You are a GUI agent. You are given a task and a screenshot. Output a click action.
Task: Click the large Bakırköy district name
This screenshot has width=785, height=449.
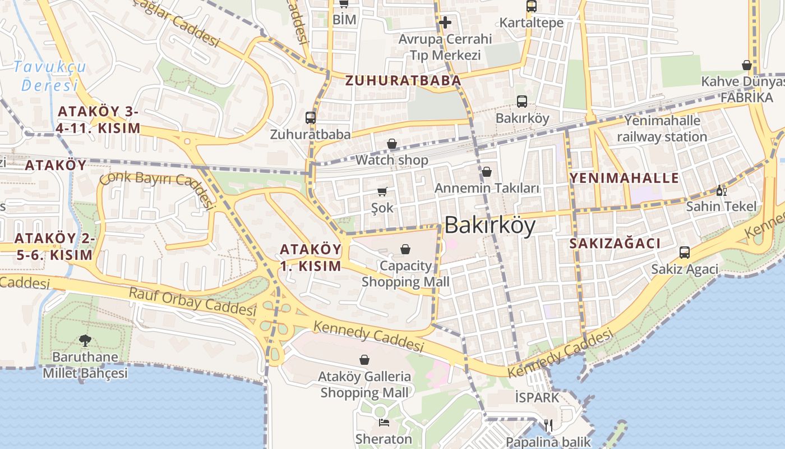pyautogui.click(x=490, y=226)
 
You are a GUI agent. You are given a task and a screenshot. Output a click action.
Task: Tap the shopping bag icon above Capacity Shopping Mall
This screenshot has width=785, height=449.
pyautogui.click(x=405, y=249)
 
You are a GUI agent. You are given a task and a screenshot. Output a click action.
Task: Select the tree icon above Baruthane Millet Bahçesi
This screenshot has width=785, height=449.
pyautogui.click(x=85, y=340)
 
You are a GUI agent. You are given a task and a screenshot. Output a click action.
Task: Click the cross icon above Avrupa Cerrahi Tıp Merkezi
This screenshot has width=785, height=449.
pyautogui.click(x=445, y=22)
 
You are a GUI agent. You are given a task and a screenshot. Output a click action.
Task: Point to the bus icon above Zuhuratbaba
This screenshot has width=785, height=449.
pyautogui.click(x=311, y=118)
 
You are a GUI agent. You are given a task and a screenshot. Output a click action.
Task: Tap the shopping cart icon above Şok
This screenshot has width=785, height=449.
pyautogui.click(x=382, y=192)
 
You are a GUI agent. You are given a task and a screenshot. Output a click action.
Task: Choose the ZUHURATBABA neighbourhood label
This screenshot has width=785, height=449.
pyautogui.click(x=403, y=81)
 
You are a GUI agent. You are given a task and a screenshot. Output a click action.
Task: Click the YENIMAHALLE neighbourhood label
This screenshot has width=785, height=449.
pyautogui.click(x=624, y=178)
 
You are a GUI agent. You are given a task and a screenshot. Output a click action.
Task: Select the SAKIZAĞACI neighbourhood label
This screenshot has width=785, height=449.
pyautogui.click(x=615, y=244)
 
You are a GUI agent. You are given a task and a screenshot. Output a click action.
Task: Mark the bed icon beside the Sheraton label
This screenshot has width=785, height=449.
pyautogui.click(x=384, y=422)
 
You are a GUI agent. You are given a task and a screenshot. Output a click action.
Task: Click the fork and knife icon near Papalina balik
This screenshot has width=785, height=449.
pyautogui.click(x=548, y=425)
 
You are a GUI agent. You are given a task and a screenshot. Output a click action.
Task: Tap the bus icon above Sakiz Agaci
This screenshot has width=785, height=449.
pyautogui.click(x=684, y=253)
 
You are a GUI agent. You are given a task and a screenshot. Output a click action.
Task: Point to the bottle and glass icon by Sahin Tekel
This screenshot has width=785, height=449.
pyautogui.click(x=721, y=190)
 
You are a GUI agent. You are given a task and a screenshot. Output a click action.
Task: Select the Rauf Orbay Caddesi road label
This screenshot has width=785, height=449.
pyautogui.click(x=192, y=301)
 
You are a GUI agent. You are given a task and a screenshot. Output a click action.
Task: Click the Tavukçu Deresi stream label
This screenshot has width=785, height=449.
pyautogui.click(x=49, y=76)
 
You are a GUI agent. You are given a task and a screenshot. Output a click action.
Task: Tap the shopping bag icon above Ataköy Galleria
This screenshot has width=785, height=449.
pyautogui.click(x=364, y=360)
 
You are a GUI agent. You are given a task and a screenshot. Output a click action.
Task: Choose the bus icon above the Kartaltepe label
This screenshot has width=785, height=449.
pyautogui.click(x=531, y=7)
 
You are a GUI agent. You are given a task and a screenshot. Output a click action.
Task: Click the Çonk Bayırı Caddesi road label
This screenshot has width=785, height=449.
pyautogui.click(x=158, y=188)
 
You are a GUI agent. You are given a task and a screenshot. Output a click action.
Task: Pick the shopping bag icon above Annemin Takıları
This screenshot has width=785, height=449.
pyautogui.click(x=487, y=172)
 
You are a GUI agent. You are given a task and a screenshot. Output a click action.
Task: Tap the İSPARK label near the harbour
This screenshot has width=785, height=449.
pyautogui.click(x=537, y=398)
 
